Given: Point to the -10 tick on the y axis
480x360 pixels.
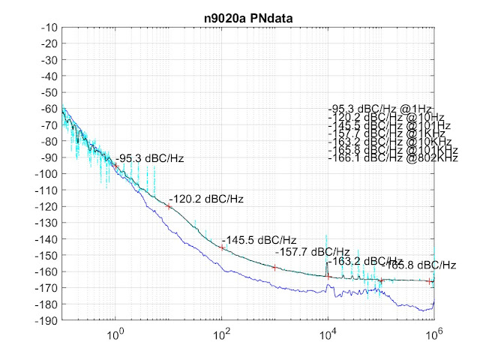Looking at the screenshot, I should [x=49, y=28].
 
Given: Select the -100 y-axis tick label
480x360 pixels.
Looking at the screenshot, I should [x=47, y=174].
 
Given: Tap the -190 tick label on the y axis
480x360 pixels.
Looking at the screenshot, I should [x=47, y=320].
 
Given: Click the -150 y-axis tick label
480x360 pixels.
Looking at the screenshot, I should [x=47, y=255].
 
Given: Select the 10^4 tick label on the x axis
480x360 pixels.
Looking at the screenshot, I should [x=328, y=332].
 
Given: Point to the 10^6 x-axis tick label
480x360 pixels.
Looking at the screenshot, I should [x=433, y=332].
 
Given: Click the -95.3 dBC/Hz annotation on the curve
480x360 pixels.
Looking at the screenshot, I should [x=150, y=158].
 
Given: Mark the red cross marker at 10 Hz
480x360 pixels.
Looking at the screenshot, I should [x=169, y=206].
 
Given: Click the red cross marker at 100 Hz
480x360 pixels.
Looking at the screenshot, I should [x=222, y=247].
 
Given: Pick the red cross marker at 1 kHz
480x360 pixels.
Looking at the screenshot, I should [x=275, y=267].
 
